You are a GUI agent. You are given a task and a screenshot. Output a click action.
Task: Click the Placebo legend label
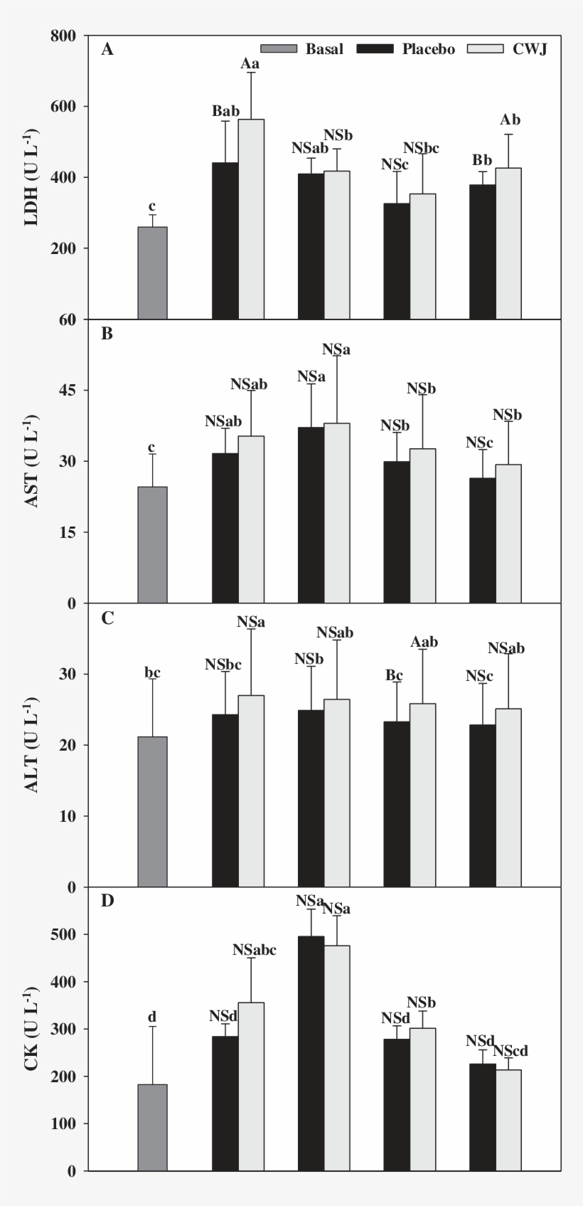tap(428, 49)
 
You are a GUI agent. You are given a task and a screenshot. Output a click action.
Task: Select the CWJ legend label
tap(530, 49)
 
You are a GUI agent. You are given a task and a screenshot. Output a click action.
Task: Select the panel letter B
tap(107, 333)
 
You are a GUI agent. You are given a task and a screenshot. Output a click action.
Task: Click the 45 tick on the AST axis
tap(70, 391)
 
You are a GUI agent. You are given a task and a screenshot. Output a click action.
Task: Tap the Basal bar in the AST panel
tap(152, 544)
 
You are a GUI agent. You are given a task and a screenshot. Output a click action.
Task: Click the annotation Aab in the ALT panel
tap(424, 642)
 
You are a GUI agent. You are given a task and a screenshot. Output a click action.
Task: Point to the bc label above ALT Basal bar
tap(152, 672)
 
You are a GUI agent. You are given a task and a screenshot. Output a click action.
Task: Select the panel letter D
tap(107, 901)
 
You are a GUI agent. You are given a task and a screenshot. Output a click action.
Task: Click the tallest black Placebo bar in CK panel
tap(311, 1053)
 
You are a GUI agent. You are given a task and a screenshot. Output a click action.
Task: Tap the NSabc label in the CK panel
tap(254, 950)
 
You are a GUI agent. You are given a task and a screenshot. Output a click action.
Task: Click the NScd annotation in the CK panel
tap(510, 1051)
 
